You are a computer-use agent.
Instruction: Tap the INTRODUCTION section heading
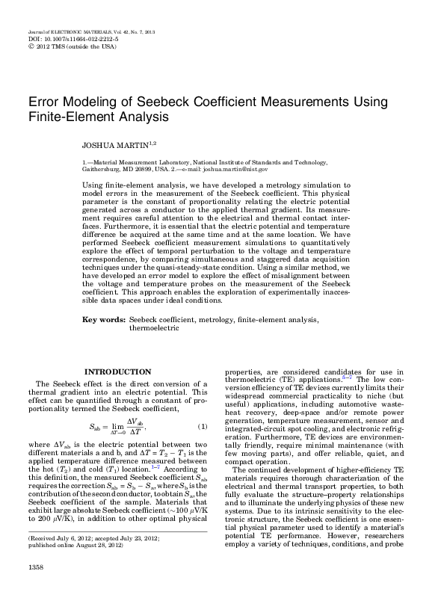pos(118,371)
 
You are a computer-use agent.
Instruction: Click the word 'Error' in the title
pos(44,101)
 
